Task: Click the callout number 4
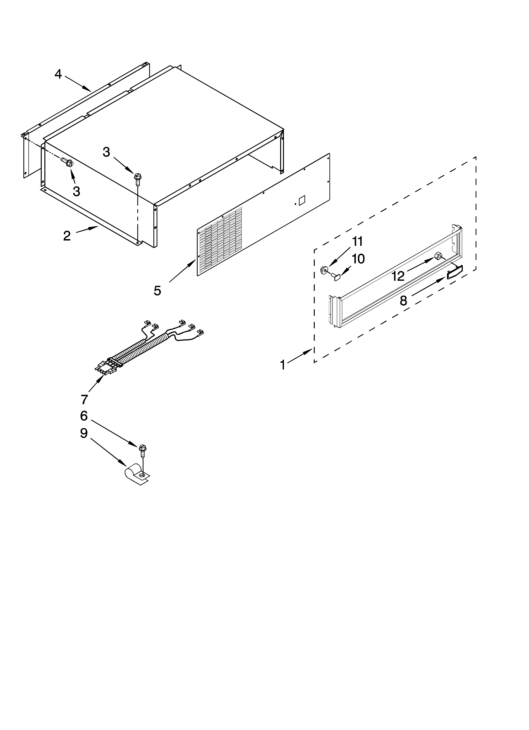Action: pyautogui.click(x=58, y=74)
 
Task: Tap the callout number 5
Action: pyautogui.click(x=157, y=291)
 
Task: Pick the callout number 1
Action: pyautogui.click(x=283, y=365)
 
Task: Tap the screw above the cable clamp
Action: pyautogui.click(x=142, y=450)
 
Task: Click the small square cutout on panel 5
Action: pyautogui.click(x=302, y=201)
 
